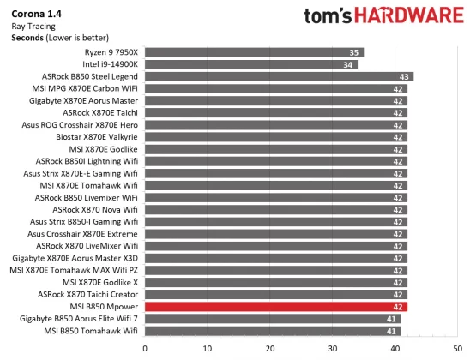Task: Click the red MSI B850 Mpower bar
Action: point(274,306)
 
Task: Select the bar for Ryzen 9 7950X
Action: point(254,52)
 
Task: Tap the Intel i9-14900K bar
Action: point(250,64)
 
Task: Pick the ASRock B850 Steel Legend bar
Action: point(279,76)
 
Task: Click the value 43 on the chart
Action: point(404,76)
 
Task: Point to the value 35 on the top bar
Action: point(354,52)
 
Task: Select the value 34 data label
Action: point(348,64)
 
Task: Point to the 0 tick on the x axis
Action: point(145,348)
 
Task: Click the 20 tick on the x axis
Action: point(270,348)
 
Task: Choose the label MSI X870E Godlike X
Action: point(99,282)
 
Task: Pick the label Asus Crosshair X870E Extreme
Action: point(82,233)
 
